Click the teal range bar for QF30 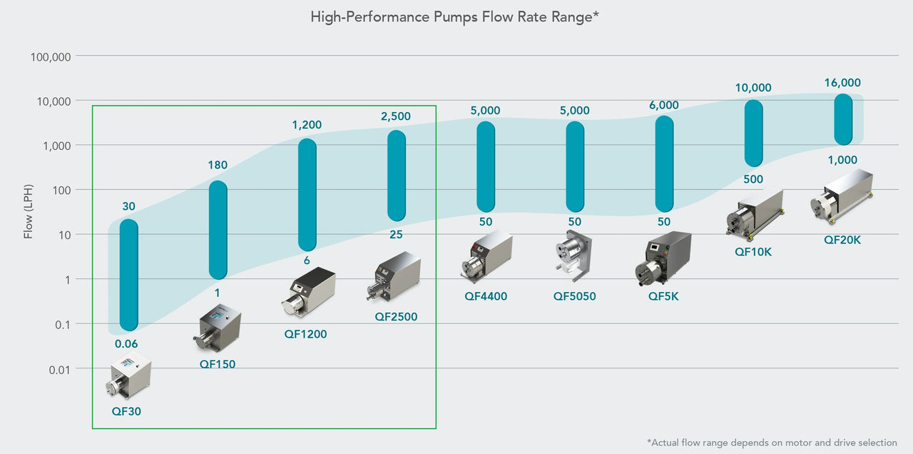coord(128,275)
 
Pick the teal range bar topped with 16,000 coord(843,119)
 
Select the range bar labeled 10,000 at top coord(753,133)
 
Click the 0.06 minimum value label coord(126,343)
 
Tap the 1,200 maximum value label coord(307,125)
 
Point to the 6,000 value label coord(664,105)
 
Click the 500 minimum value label coord(753,179)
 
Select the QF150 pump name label coord(217,364)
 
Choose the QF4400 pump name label coord(485,296)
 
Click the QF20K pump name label coord(842,240)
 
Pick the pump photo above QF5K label coord(663,258)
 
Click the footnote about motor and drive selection coord(772,443)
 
